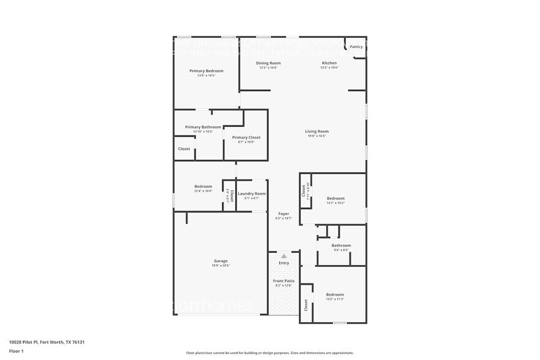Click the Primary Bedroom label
coord(206,71)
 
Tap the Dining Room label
coord(268,63)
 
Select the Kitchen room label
coord(329,63)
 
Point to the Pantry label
coord(356,47)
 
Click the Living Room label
coord(317,131)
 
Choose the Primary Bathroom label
coord(203,127)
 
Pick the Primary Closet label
coord(246,137)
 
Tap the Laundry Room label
coord(252,193)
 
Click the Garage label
coord(220,261)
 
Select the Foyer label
coord(283,214)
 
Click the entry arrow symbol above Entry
coord(283,255)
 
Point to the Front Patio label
coord(283,280)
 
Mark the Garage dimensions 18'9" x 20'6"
coord(220,265)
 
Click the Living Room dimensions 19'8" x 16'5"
coord(317,136)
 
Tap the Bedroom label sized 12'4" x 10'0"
coord(203,186)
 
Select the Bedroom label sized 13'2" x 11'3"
coord(335,294)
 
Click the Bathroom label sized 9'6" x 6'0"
coord(341,246)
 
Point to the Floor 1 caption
coord(16,351)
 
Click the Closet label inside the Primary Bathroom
coord(184,149)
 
